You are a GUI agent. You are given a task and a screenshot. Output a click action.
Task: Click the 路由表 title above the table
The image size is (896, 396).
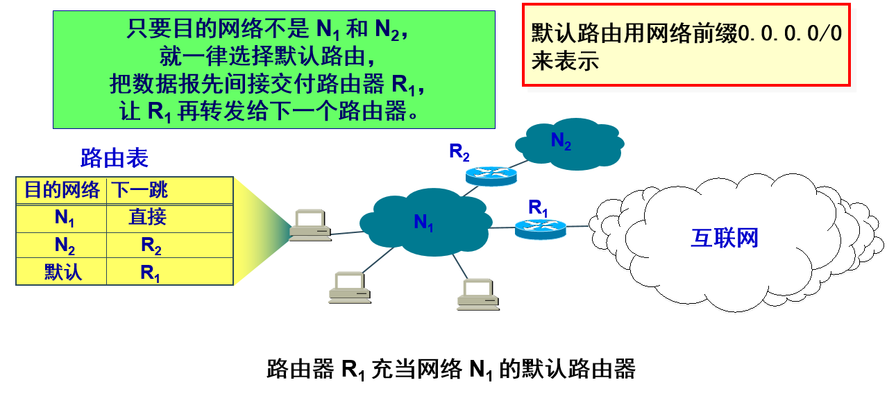coord(114,158)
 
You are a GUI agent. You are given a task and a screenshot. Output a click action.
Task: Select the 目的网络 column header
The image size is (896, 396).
coord(62,189)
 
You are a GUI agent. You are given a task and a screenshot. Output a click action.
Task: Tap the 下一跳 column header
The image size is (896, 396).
coord(141,189)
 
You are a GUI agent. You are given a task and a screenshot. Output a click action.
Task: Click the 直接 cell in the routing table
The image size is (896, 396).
coord(147,217)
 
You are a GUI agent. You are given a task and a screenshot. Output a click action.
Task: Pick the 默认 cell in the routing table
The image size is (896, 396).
coord(63,271)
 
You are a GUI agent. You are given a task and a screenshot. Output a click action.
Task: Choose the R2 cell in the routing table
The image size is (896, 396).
coord(150,246)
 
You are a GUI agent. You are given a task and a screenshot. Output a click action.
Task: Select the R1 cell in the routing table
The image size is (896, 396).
coord(150,273)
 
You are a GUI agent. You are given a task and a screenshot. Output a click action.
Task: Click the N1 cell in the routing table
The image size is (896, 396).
coord(65,218)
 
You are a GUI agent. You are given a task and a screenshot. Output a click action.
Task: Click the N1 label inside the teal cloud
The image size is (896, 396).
coord(423,223)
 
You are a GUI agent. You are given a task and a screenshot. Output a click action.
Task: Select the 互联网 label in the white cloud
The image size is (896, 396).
coord(725,238)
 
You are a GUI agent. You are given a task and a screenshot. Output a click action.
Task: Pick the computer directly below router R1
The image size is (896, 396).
coord(477,294)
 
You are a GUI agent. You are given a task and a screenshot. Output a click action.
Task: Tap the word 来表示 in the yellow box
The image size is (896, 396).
coord(565,61)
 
